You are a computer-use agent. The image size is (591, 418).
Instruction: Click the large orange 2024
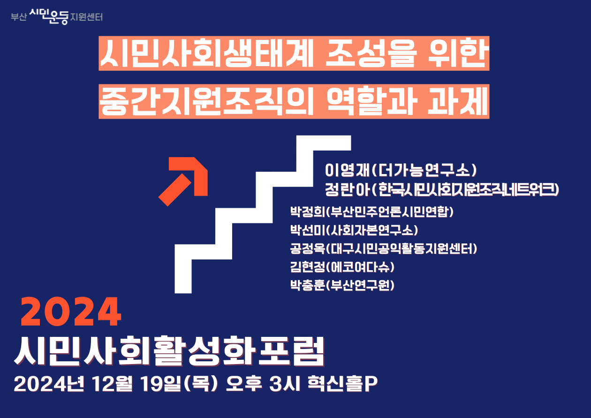(x=71, y=312)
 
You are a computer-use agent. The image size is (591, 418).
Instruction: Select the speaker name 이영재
(x=348, y=170)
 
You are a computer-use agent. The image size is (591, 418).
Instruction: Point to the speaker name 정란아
(x=348, y=190)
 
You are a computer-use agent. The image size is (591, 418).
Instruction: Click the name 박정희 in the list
(x=308, y=212)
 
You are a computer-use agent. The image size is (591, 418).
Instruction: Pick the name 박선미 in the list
(x=308, y=230)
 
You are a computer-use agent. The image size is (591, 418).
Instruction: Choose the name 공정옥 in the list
(x=308, y=249)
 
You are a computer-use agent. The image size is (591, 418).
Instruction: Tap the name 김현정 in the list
(x=308, y=267)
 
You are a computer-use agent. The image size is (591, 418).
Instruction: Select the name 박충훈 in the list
(x=308, y=285)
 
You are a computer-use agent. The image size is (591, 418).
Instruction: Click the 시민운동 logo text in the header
(x=49, y=16)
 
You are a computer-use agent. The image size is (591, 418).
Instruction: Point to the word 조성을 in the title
(x=371, y=53)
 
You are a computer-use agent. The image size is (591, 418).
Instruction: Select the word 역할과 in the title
(x=371, y=101)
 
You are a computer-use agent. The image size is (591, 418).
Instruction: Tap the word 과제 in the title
(x=457, y=101)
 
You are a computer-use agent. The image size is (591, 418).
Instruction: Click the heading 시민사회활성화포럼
(x=169, y=351)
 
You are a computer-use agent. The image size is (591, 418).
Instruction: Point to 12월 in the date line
(x=112, y=383)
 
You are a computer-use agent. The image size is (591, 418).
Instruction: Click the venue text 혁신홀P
(x=343, y=383)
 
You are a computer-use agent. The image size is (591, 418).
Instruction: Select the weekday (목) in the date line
(x=201, y=383)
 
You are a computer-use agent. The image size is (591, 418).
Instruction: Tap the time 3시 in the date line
(x=285, y=383)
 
